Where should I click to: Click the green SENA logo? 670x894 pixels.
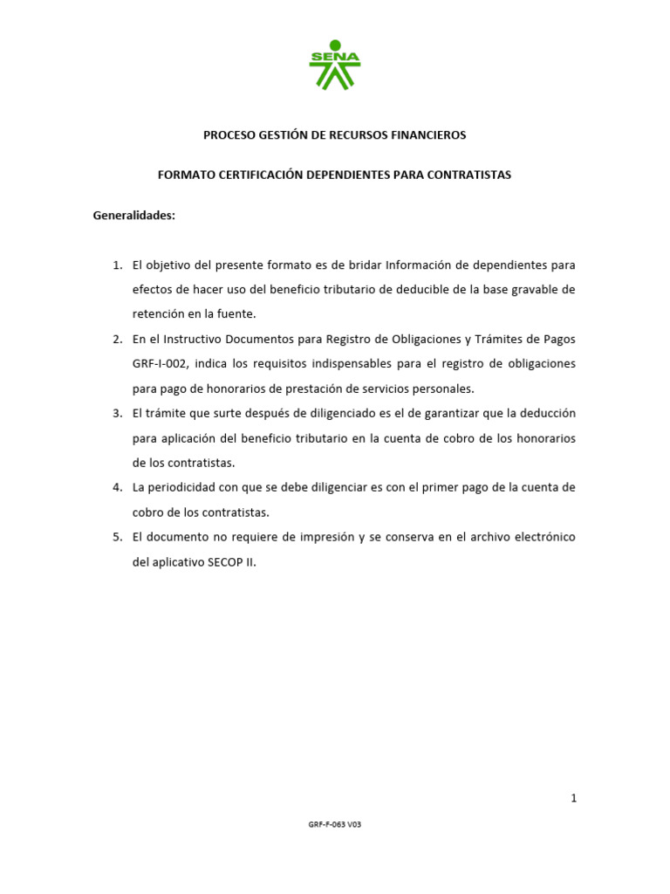[334, 65]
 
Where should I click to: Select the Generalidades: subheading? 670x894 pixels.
[134, 216]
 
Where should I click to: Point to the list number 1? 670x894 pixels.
[117, 265]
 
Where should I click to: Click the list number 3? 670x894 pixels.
[117, 413]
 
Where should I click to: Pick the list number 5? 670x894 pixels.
[117, 537]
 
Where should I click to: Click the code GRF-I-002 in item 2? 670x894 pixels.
[161, 363]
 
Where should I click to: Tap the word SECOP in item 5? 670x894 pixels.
[224, 562]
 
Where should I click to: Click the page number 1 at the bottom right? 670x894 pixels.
[573, 797]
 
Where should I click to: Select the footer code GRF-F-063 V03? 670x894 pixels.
[334, 824]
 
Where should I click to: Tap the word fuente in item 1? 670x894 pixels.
[237, 313]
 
